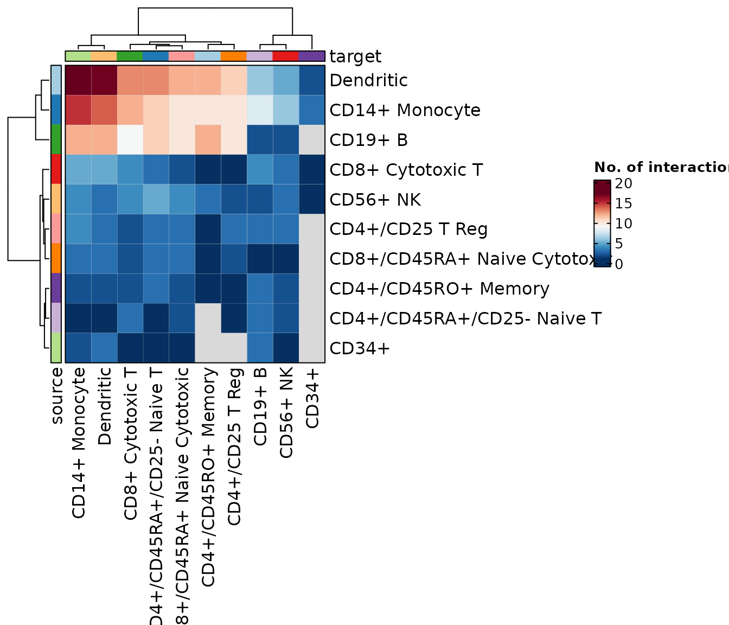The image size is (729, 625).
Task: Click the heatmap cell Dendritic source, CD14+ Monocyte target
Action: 78,80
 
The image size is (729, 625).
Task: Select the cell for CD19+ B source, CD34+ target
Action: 311,140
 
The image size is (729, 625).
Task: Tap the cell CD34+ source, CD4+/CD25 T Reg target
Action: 234,348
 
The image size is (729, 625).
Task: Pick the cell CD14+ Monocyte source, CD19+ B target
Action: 260,110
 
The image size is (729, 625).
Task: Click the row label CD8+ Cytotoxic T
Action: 406,170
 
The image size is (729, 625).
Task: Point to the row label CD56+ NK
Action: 375,200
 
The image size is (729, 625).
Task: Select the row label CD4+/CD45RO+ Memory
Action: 439,289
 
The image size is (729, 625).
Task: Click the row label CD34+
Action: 360,348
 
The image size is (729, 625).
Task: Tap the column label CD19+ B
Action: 260,407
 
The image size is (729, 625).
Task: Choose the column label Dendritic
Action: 105,407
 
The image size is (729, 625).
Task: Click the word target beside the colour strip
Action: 355,56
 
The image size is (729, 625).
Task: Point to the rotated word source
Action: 56,396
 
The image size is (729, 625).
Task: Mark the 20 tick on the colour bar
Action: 624,183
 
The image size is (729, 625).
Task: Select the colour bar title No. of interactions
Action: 661,167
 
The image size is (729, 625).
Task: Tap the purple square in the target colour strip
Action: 311,56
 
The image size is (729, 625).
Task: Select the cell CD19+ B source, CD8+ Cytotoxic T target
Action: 130,140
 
